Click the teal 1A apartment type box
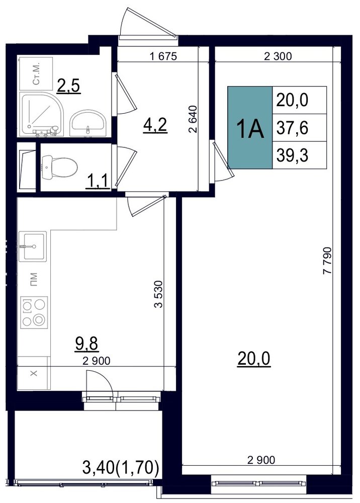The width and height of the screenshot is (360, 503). pyautogui.click(x=250, y=127)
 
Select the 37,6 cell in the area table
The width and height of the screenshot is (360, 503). pyautogui.click(x=299, y=128)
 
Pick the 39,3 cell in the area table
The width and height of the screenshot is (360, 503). pyautogui.click(x=299, y=155)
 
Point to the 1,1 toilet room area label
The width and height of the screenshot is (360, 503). pyautogui.click(x=98, y=183)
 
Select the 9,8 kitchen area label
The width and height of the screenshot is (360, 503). pyautogui.click(x=86, y=345)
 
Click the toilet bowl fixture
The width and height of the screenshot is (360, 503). pyautogui.click(x=59, y=167)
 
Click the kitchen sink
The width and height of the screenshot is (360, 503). pyautogui.click(x=33, y=246)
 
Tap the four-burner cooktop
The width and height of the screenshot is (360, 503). pyautogui.click(x=34, y=312)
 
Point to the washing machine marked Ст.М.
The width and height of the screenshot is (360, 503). pyautogui.click(x=36, y=74)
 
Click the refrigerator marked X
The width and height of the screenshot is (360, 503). pyautogui.click(x=34, y=373)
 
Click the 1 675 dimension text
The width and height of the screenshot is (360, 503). pyautogui.click(x=163, y=56)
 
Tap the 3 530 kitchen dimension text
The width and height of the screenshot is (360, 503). pyautogui.click(x=159, y=294)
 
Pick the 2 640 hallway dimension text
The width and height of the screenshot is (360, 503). pyautogui.click(x=193, y=119)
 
